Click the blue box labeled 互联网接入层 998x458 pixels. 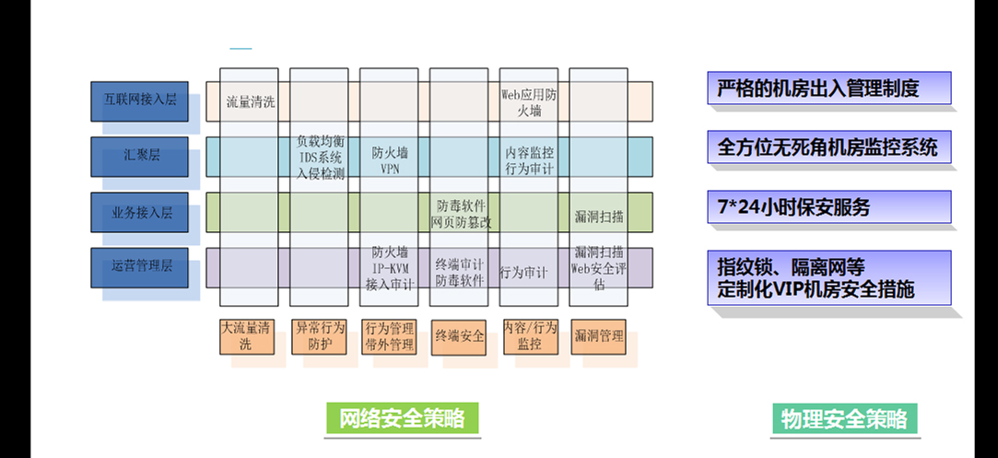(x=139, y=100)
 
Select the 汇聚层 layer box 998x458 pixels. (x=139, y=156)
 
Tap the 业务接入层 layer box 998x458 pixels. (x=139, y=211)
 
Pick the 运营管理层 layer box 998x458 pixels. (x=139, y=265)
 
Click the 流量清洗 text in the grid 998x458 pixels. (x=251, y=101)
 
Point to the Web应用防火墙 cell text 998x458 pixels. (x=528, y=101)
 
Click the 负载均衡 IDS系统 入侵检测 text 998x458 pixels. (x=321, y=157)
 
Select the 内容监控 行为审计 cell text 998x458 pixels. (x=529, y=157)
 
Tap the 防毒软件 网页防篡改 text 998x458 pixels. (x=461, y=212)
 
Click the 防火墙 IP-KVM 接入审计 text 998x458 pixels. (x=390, y=267)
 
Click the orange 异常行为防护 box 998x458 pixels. (x=319, y=336)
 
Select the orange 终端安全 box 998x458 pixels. (x=460, y=336)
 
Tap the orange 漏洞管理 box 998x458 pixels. (x=598, y=336)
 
